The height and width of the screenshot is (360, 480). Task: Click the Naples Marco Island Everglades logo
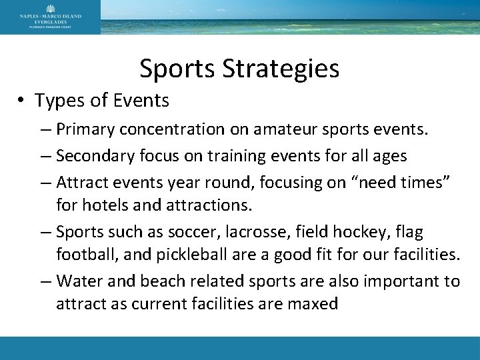[x=50, y=17]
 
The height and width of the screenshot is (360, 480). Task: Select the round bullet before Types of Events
[x=23, y=102]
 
